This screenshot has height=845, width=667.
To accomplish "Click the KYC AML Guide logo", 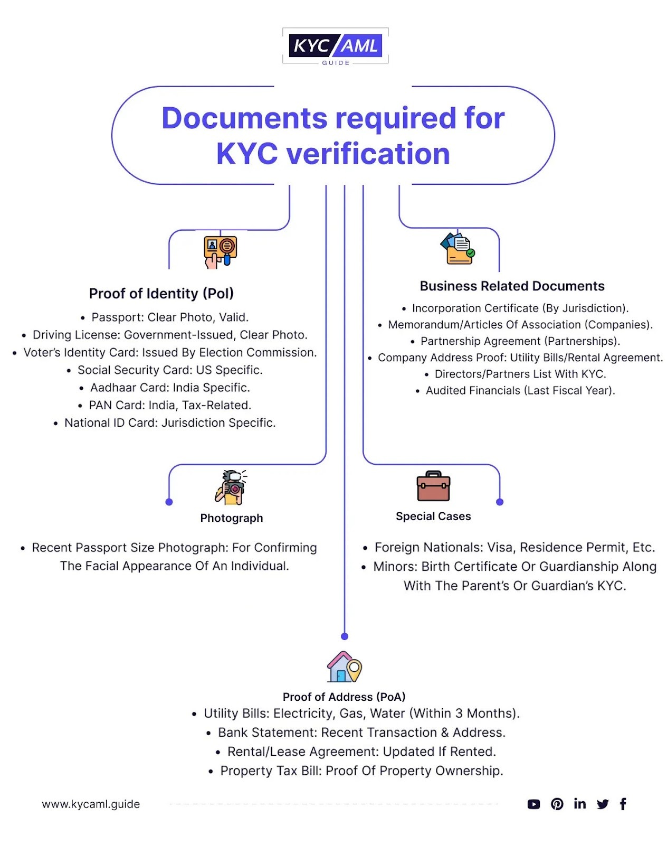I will click(335, 47).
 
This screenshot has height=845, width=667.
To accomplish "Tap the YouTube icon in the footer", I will click(533, 804).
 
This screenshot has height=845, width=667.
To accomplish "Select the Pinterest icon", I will click(557, 804).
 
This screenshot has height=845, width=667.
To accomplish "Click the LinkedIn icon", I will click(579, 803).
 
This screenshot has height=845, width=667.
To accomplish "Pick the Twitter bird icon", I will click(602, 804).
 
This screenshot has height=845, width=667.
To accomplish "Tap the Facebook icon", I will click(623, 804).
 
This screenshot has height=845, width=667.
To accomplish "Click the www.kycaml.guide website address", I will click(91, 804).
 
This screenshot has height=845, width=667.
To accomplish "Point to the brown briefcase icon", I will click(433, 486).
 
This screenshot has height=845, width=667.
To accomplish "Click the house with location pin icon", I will click(344, 667).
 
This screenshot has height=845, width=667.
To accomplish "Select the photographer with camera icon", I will click(231, 487).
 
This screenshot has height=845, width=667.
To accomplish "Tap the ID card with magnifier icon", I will click(220, 252).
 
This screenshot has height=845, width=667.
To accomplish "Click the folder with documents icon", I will click(457, 248).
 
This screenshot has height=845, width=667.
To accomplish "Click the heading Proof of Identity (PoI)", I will click(161, 293).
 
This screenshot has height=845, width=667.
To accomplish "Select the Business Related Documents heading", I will click(512, 286).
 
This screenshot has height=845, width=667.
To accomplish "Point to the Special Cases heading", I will click(433, 516).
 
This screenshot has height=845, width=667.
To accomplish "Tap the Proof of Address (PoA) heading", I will click(344, 697).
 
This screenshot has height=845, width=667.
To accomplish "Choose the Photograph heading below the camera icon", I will click(231, 518).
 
